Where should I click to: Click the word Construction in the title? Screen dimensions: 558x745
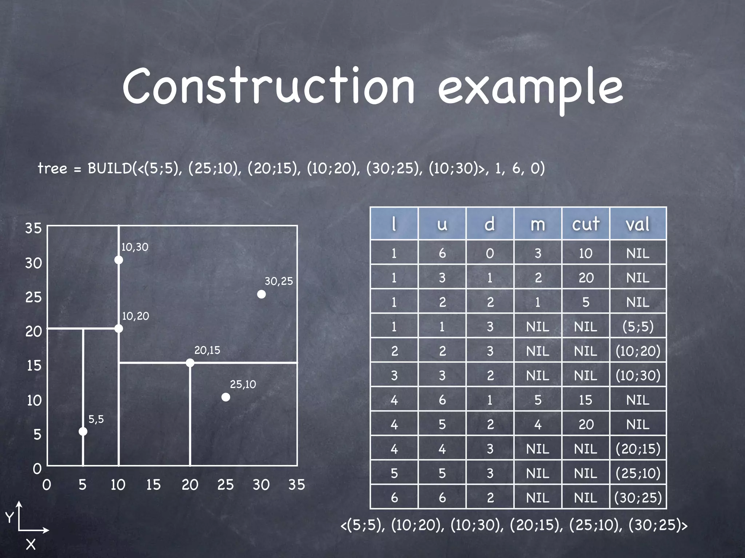coord(268,86)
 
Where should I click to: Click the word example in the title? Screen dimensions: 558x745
coord(530,89)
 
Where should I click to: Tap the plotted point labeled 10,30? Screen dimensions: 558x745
coord(119,260)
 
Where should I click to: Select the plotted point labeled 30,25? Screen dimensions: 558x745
coord(261,294)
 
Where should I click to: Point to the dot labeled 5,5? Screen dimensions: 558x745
coord(83,431)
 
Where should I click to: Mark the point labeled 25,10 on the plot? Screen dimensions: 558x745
coord(226,397)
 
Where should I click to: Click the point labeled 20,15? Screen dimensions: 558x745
coord(190,363)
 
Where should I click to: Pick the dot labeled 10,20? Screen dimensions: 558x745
coord(119,329)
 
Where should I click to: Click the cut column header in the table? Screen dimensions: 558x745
coord(585,224)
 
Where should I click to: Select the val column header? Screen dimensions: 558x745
coord(638,224)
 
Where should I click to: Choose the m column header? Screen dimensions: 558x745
coord(538,224)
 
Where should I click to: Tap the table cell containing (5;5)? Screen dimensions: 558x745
coord(638,326)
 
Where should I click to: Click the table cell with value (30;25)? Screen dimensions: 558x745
coord(638,497)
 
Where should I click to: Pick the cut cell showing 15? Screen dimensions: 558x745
coord(585,400)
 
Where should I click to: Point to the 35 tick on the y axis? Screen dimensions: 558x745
coord(33,228)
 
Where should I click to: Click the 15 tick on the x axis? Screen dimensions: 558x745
coord(153,485)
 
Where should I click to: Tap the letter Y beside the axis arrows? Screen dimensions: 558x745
coord(9,517)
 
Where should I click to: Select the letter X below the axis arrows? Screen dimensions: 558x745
coord(31,544)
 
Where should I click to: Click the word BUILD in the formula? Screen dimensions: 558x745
coord(109,168)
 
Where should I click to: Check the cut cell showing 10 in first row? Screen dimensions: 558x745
coord(585,253)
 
